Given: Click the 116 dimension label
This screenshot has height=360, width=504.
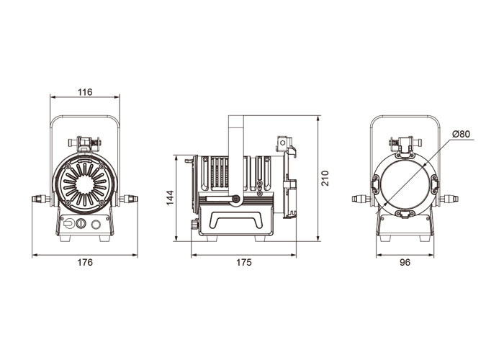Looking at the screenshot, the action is coord(85,92).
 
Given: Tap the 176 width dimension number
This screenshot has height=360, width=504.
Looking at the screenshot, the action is coord(85,262).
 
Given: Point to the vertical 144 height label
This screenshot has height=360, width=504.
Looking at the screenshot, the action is coord(170,197).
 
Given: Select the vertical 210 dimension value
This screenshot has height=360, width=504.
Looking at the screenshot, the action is coord(325,178).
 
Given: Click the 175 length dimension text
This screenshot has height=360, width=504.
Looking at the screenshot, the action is coord(244,262).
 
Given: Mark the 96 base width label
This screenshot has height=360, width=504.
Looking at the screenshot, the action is coord(405,262).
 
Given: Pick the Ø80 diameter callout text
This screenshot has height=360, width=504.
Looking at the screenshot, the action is coord(462,134).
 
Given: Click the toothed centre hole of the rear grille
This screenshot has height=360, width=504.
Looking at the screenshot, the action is coord(85,184).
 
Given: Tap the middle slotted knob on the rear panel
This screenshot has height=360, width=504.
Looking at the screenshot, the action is coord(81,223).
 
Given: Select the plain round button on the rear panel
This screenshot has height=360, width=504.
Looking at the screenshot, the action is coord(96,224).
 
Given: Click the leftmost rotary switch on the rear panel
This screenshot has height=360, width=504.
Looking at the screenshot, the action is coord(68,223).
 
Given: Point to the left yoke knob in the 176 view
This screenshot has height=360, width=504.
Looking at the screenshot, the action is coord(41,199).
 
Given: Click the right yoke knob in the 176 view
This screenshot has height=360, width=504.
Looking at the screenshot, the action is coord(129,199).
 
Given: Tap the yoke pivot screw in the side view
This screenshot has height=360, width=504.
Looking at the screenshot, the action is coord(237,199).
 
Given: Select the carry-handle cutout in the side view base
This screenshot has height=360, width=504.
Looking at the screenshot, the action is coord(236,220).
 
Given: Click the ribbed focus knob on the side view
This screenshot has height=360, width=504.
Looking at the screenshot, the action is coord(194,224).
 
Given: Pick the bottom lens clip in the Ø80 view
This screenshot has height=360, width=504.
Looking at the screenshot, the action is coord(405,214).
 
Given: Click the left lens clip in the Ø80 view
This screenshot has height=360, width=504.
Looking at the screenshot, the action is coord(375,184).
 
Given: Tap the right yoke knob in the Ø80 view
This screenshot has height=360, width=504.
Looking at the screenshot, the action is coord(449,199).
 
